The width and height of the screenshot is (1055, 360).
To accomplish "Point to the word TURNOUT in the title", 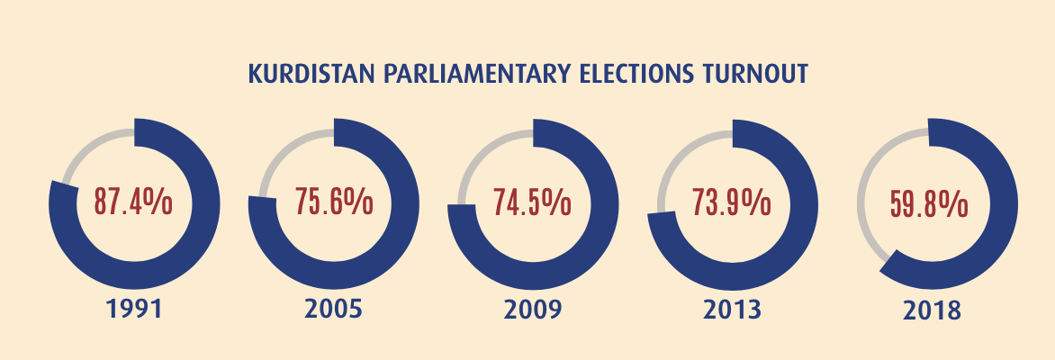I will [754, 74].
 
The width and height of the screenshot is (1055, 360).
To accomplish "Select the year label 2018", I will [931, 311].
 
